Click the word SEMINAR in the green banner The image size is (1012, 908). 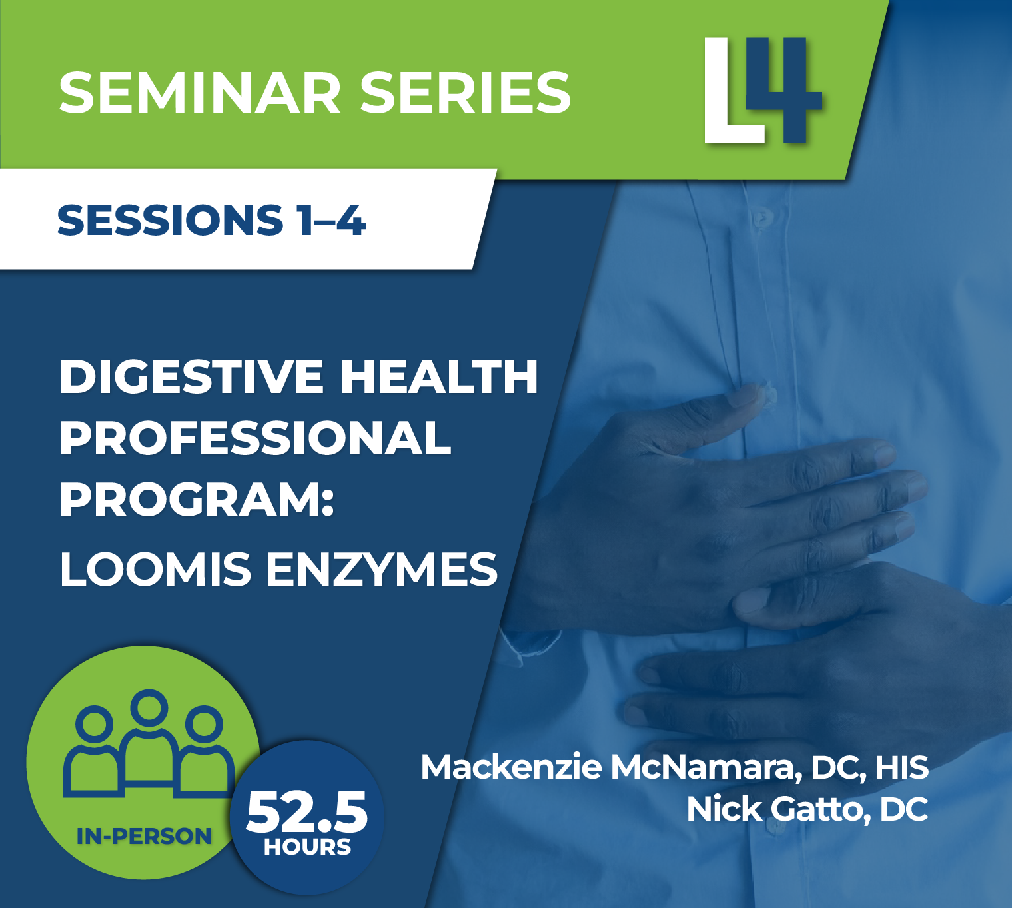coord(199,93)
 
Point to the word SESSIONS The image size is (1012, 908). coord(171,221)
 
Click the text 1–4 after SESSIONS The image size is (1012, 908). coord(331,221)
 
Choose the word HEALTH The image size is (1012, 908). coord(439,377)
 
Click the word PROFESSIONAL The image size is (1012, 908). coord(256,438)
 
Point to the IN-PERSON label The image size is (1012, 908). coord(144,836)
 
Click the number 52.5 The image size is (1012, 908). coord(306,812)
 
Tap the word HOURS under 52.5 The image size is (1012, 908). coord(307,847)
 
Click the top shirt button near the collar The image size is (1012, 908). coord(760,217)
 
